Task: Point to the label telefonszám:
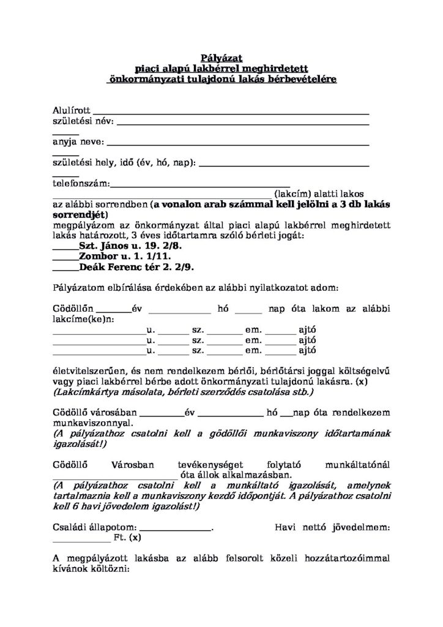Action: pos(81,183)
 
